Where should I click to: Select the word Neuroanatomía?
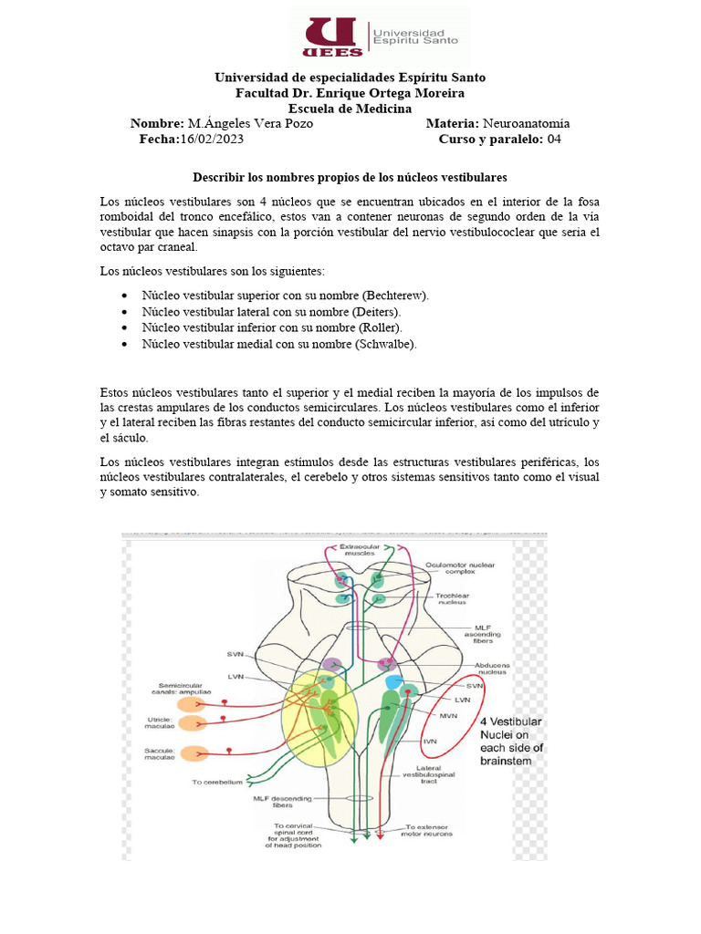pos(526,123)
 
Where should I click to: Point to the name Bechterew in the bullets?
pos(394,296)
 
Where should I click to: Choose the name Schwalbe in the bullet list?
pos(388,344)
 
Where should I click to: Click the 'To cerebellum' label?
pos(216,782)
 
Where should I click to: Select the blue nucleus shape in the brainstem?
pos(394,682)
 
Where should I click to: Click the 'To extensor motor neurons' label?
pos(428,831)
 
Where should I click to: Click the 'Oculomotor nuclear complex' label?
pos(459,568)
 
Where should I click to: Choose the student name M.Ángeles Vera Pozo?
pos(249,123)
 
